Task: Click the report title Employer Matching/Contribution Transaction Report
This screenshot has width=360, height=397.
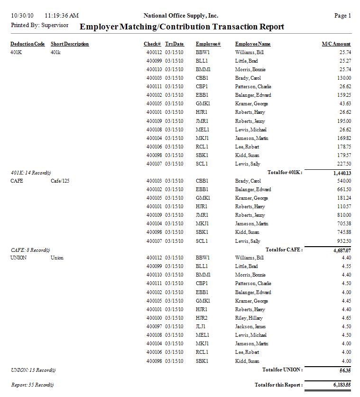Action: tap(182, 27)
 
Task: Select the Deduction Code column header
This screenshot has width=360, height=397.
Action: tap(28, 44)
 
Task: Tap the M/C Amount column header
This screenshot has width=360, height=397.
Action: tap(336, 44)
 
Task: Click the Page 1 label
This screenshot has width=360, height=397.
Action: tap(342, 16)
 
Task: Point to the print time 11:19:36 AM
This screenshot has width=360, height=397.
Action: tap(62, 16)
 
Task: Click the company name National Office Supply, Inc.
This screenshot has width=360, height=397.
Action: tap(180, 16)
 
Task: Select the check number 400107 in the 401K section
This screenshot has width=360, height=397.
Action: tap(154, 164)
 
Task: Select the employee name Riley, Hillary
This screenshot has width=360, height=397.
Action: tap(249, 318)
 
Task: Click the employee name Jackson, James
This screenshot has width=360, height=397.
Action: tap(250, 326)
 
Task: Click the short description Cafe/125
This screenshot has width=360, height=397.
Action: tap(60, 181)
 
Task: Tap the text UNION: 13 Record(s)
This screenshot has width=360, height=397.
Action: tap(30, 369)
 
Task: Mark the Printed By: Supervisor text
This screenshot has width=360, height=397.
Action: tap(39, 25)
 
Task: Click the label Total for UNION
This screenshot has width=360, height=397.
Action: tap(282, 369)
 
